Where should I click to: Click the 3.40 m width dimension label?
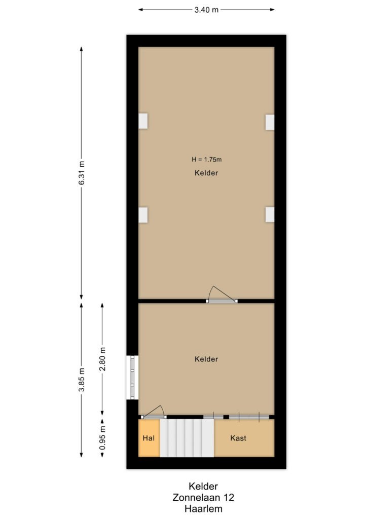206,10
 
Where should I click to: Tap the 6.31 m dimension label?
82,173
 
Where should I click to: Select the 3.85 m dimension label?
82,380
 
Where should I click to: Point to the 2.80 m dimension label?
102,359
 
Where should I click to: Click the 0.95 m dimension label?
102,438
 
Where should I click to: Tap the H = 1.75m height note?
206,159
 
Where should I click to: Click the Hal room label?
149,438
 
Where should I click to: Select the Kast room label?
238,438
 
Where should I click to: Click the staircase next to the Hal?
187,438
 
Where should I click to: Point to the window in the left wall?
132,377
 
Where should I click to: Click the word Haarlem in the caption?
203,508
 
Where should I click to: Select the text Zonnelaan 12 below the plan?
203,497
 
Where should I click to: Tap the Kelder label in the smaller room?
206,359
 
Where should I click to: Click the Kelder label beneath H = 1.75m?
206,173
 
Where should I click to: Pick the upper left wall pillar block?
143,121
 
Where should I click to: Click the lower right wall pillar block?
270,214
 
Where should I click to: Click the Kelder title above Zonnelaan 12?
203,486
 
